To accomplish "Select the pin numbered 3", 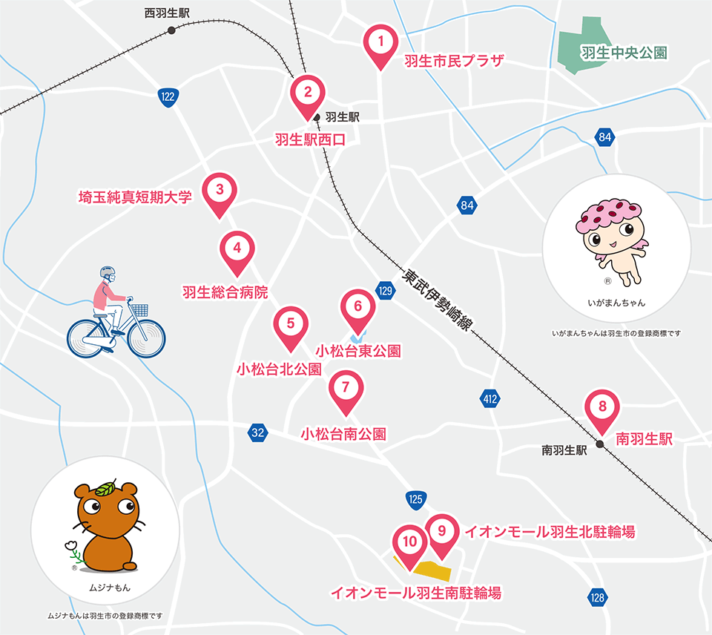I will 220,191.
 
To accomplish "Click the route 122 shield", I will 169,96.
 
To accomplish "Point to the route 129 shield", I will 384,290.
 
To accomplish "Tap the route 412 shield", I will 489,399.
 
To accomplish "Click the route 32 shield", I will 257,432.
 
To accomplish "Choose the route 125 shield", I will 415,500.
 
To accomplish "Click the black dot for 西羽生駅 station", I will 172,30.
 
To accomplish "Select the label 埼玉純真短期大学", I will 136,197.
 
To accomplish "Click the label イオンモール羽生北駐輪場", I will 550,531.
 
